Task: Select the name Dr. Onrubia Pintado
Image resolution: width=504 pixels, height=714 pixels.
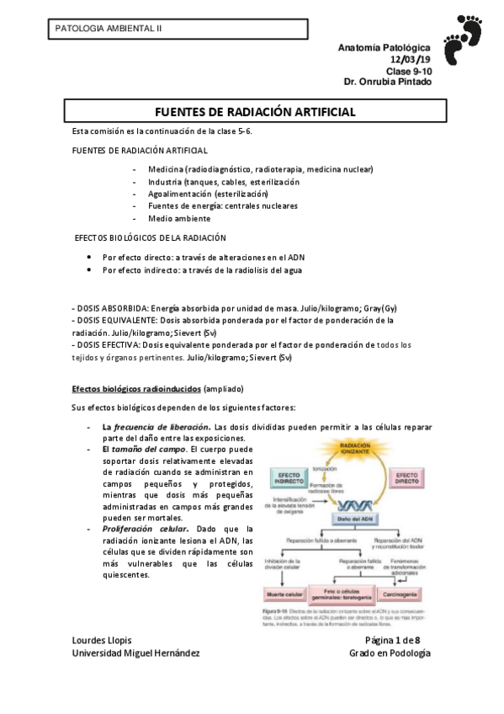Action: click(x=388, y=83)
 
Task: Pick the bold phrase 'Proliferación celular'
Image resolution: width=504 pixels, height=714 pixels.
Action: click(x=142, y=529)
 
